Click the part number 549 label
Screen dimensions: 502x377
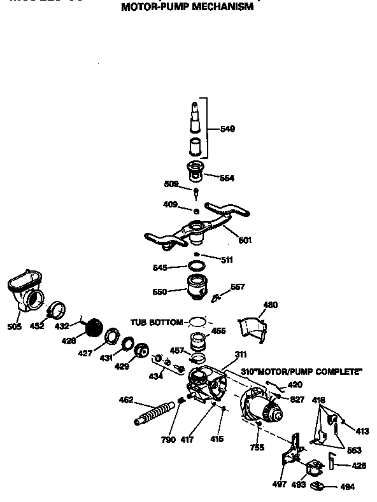[x=227, y=129]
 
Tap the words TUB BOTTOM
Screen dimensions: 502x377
[x=157, y=322]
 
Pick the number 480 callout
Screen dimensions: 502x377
[x=271, y=305]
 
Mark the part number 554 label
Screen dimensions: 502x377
[x=226, y=178]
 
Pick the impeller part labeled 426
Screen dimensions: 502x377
[x=94, y=328]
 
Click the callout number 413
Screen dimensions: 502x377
[x=362, y=431]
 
